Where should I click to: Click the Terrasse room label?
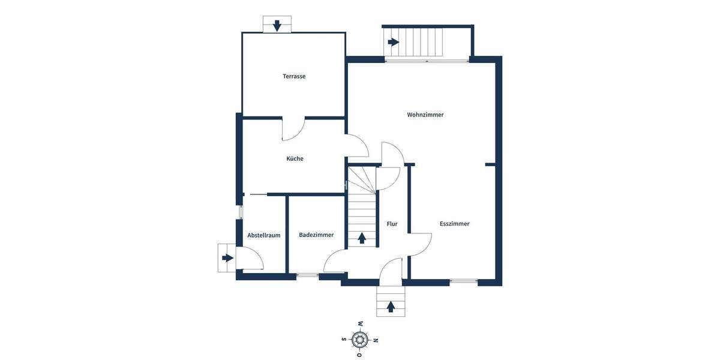pos(294,76)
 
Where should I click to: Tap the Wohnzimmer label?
pos(425,115)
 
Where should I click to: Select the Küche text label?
pos(295,158)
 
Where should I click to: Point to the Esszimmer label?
pos(454,224)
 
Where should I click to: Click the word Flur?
pos(392,224)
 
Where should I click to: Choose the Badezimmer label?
pos(316,235)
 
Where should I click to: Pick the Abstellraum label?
pos(264,235)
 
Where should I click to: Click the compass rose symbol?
pos(360,339)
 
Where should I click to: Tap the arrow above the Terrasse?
pos(277,25)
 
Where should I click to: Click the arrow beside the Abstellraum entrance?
pos(227,258)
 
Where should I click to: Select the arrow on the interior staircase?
pos(362,238)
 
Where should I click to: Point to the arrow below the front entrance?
pos(391,307)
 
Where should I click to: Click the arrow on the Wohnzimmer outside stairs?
pos(393,42)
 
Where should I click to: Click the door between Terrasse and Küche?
pos(293,129)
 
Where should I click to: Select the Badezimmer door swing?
pos(334,260)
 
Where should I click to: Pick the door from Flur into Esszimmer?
pos(420,244)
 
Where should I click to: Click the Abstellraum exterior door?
pos(250,259)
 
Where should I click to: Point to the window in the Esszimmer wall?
pos(464,281)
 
